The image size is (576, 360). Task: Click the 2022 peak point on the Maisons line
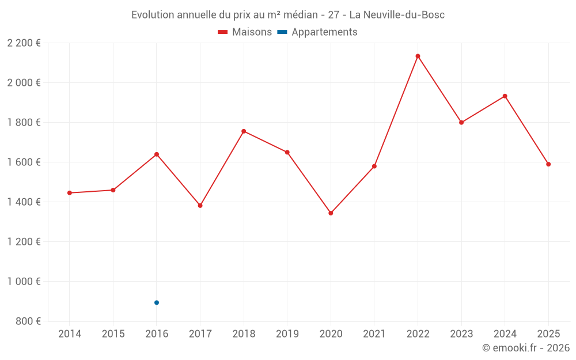418,56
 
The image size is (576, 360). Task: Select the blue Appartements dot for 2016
157,302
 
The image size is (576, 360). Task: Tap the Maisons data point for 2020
331,213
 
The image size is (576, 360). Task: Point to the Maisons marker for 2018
244,131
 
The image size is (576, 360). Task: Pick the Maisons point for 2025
548,164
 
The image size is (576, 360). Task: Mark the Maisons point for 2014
70,193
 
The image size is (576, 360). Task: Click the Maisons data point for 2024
505,96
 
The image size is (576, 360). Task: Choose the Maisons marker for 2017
200,206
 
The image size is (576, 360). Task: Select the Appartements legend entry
324,32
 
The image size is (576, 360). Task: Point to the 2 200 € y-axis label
24,43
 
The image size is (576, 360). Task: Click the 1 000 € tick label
24,282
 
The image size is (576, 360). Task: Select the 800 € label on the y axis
28,321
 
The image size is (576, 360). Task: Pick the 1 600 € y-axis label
24,162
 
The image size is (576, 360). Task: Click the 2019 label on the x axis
287,334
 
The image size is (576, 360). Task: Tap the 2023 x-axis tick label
461,334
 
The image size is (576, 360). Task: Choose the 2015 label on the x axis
113,334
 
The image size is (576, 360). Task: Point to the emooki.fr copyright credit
525,348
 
